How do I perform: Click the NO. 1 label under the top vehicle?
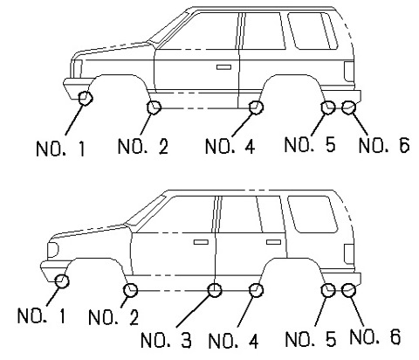pyautogui.click(x=60, y=149)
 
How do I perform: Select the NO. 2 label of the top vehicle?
pyautogui.click(x=143, y=146)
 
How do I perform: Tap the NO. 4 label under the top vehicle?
pyautogui.click(x=230, y=146)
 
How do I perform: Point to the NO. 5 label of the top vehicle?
pyautogui.click(x=310, y=144)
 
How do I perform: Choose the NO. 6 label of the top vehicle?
pyautogui.click(x=384, y=145)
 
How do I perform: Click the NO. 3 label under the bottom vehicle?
pyautogui.click(x=166, y=340)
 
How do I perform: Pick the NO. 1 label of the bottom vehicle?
pyautogui.click(x=42, y=315)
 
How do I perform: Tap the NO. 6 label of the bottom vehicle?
pyautogui.click(x=375, y=336)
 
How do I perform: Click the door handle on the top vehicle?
pyautogui.click(x=223, y=67)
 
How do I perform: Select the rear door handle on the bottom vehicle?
pyautogui.click(x=273, y=242)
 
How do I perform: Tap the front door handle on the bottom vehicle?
pyautogui.click(x=201, y=242)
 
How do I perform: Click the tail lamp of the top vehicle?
pyautogui.click(x=349, y=72)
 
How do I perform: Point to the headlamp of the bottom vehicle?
pyautogui.click(x=52, y=250)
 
